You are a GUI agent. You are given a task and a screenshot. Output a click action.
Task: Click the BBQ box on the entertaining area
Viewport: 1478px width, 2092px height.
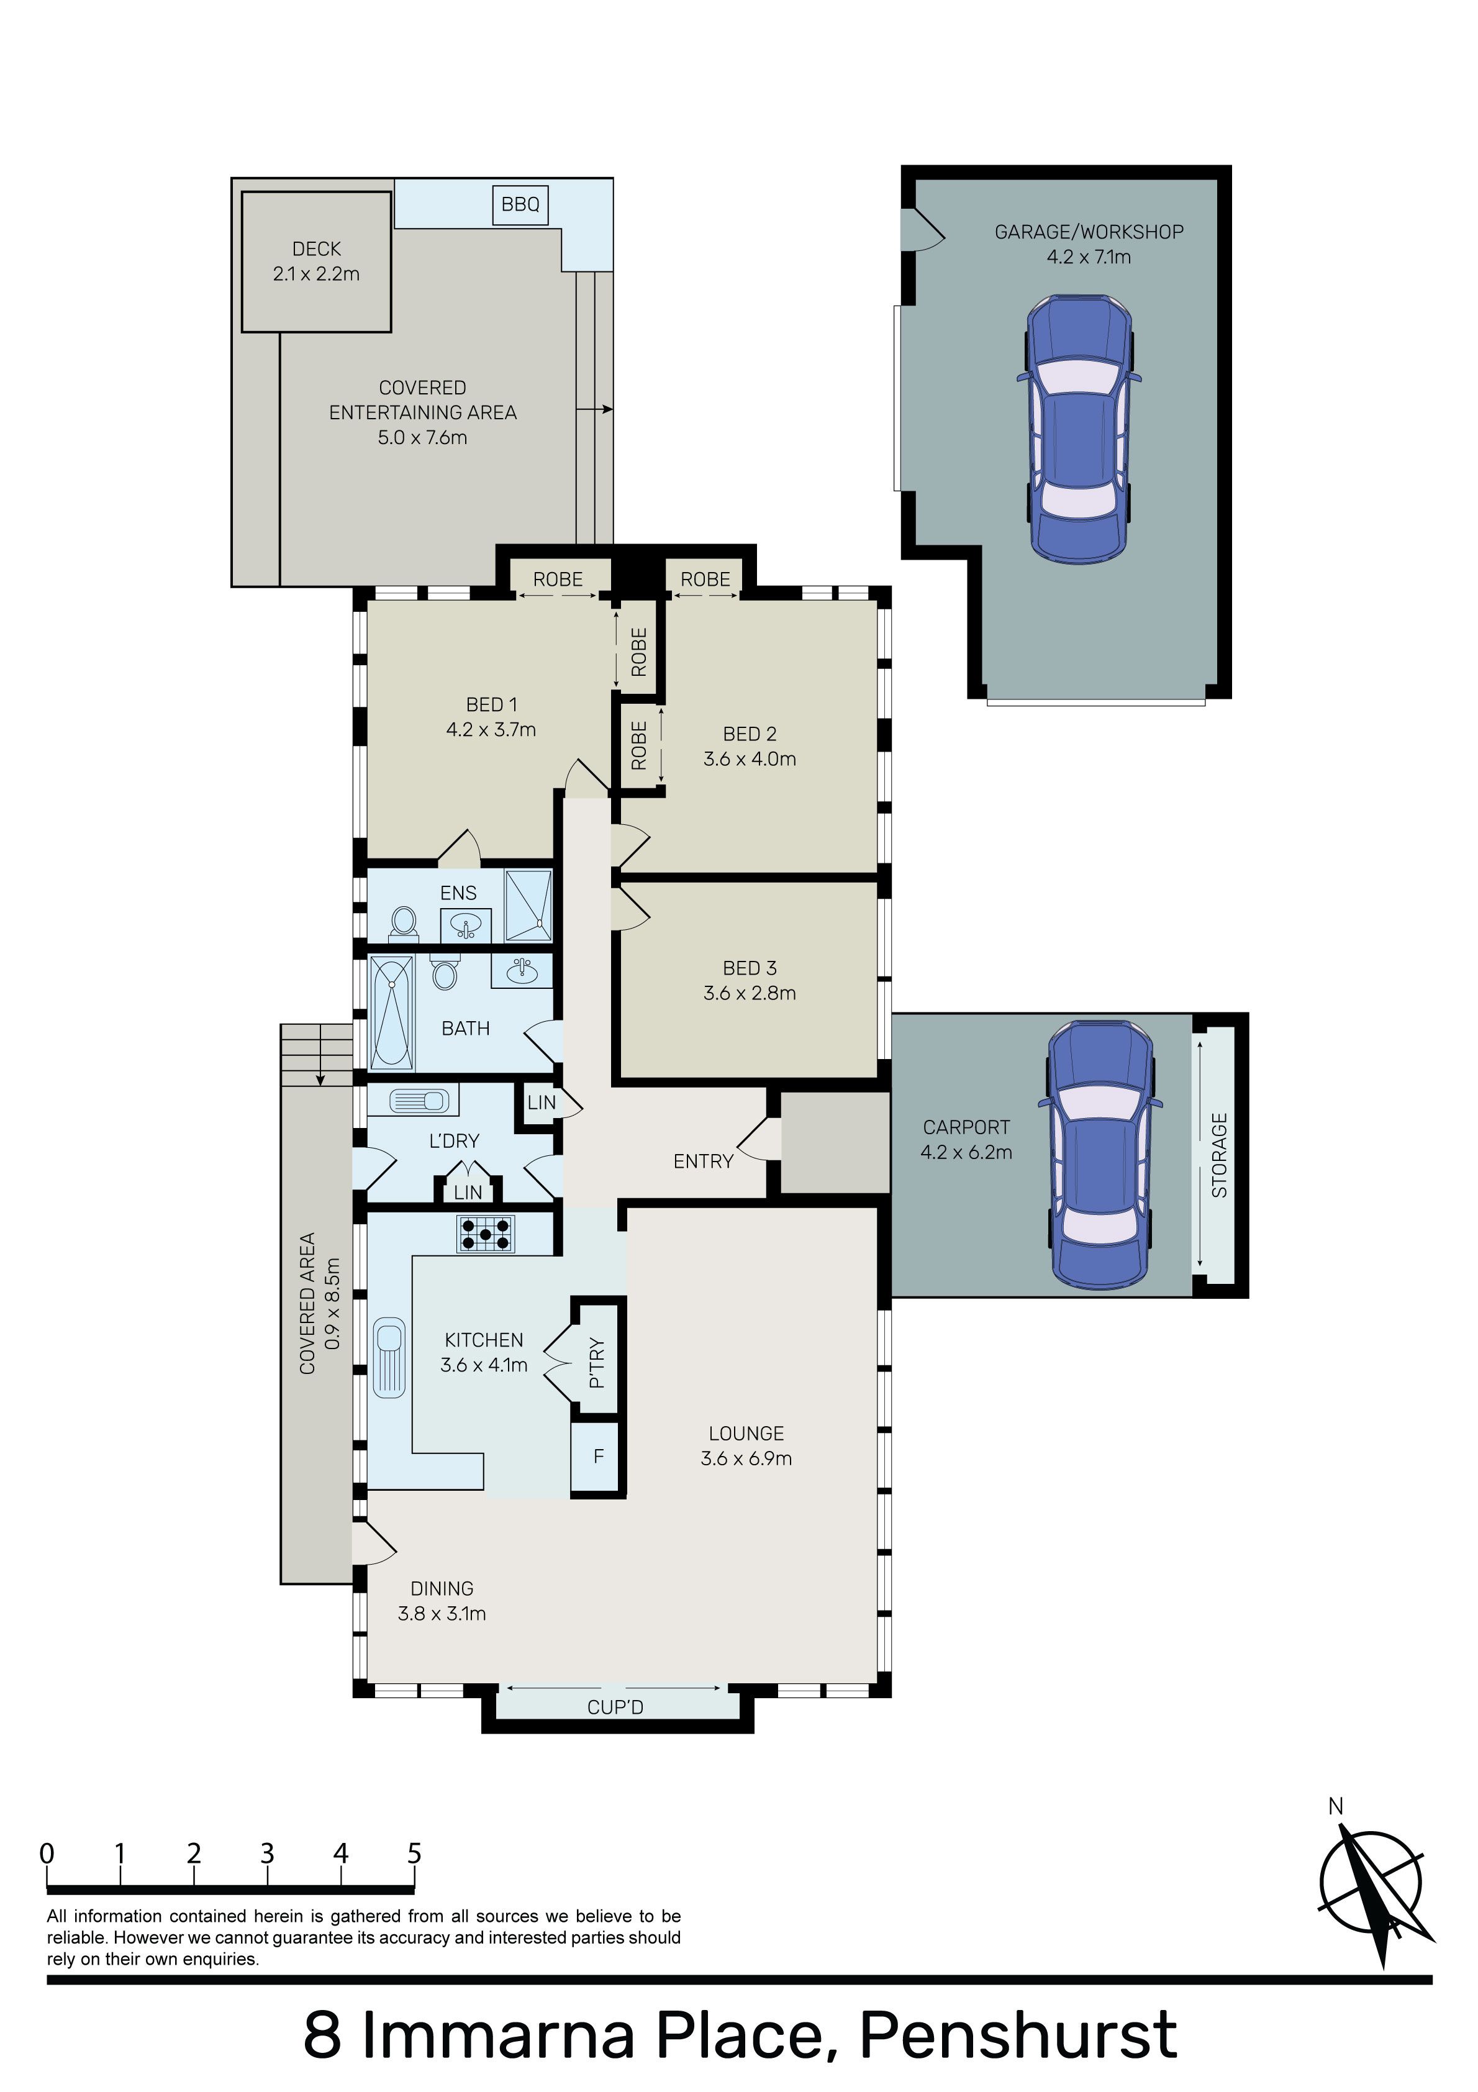pos(520,204)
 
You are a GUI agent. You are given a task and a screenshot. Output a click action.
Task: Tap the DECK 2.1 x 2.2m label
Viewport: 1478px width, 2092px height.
pos(316,261)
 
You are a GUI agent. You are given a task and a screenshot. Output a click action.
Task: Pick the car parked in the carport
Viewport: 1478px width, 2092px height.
pos(1102,1155)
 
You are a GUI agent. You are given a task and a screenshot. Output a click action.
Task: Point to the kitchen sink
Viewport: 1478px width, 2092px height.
pos(389,1357)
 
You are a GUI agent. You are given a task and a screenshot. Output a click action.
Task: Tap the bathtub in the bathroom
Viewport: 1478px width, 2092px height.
pos(392,1011)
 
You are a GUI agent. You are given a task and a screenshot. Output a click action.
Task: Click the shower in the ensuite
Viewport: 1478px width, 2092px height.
pos(528,905)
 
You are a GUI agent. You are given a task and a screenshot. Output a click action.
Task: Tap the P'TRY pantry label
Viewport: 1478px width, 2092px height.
pos(597,1362)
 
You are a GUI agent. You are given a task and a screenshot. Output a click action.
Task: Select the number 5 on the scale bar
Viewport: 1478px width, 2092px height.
pos(415,1853)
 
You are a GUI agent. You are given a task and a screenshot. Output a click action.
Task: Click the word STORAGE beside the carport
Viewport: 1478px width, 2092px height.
pos(1219,1155)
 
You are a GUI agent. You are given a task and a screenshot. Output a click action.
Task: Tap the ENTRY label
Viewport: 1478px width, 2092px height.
pos(704,1161)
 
